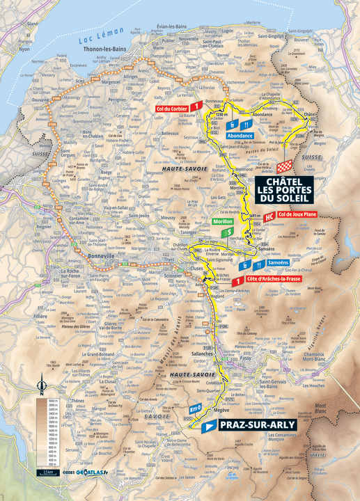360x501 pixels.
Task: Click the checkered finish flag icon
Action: [x=284, y=167]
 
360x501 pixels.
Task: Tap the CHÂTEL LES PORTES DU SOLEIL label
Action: [x=285, y=187]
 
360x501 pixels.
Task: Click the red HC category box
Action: [x=267, y=215]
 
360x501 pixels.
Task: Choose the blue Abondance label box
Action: [x=240, y=136]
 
